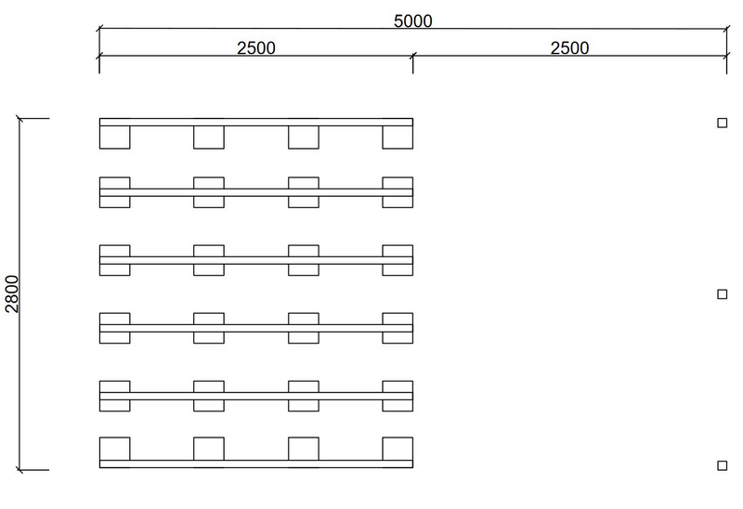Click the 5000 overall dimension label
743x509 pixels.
coord(412,20)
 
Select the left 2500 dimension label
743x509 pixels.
coord(255,47)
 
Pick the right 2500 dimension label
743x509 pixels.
coord(569,47)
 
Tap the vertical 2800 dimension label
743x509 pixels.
coord(12,294)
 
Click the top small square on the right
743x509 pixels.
coord(722,123)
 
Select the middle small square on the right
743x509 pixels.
coord(722,294)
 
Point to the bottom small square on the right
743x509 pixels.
coord(722,465)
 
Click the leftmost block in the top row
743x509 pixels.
coord(115,137)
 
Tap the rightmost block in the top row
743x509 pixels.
coord(398,137)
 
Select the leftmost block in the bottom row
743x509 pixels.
coord(115,449)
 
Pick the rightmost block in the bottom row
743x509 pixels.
coord(398,449)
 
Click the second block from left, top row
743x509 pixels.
coord(209,137)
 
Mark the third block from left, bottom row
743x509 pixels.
coord(304,449)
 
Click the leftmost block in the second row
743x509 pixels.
coord(115,191)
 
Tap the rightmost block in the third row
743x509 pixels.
coord(398,260)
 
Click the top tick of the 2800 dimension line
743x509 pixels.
coord(20,119)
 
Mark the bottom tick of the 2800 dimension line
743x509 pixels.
coord(20,470)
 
